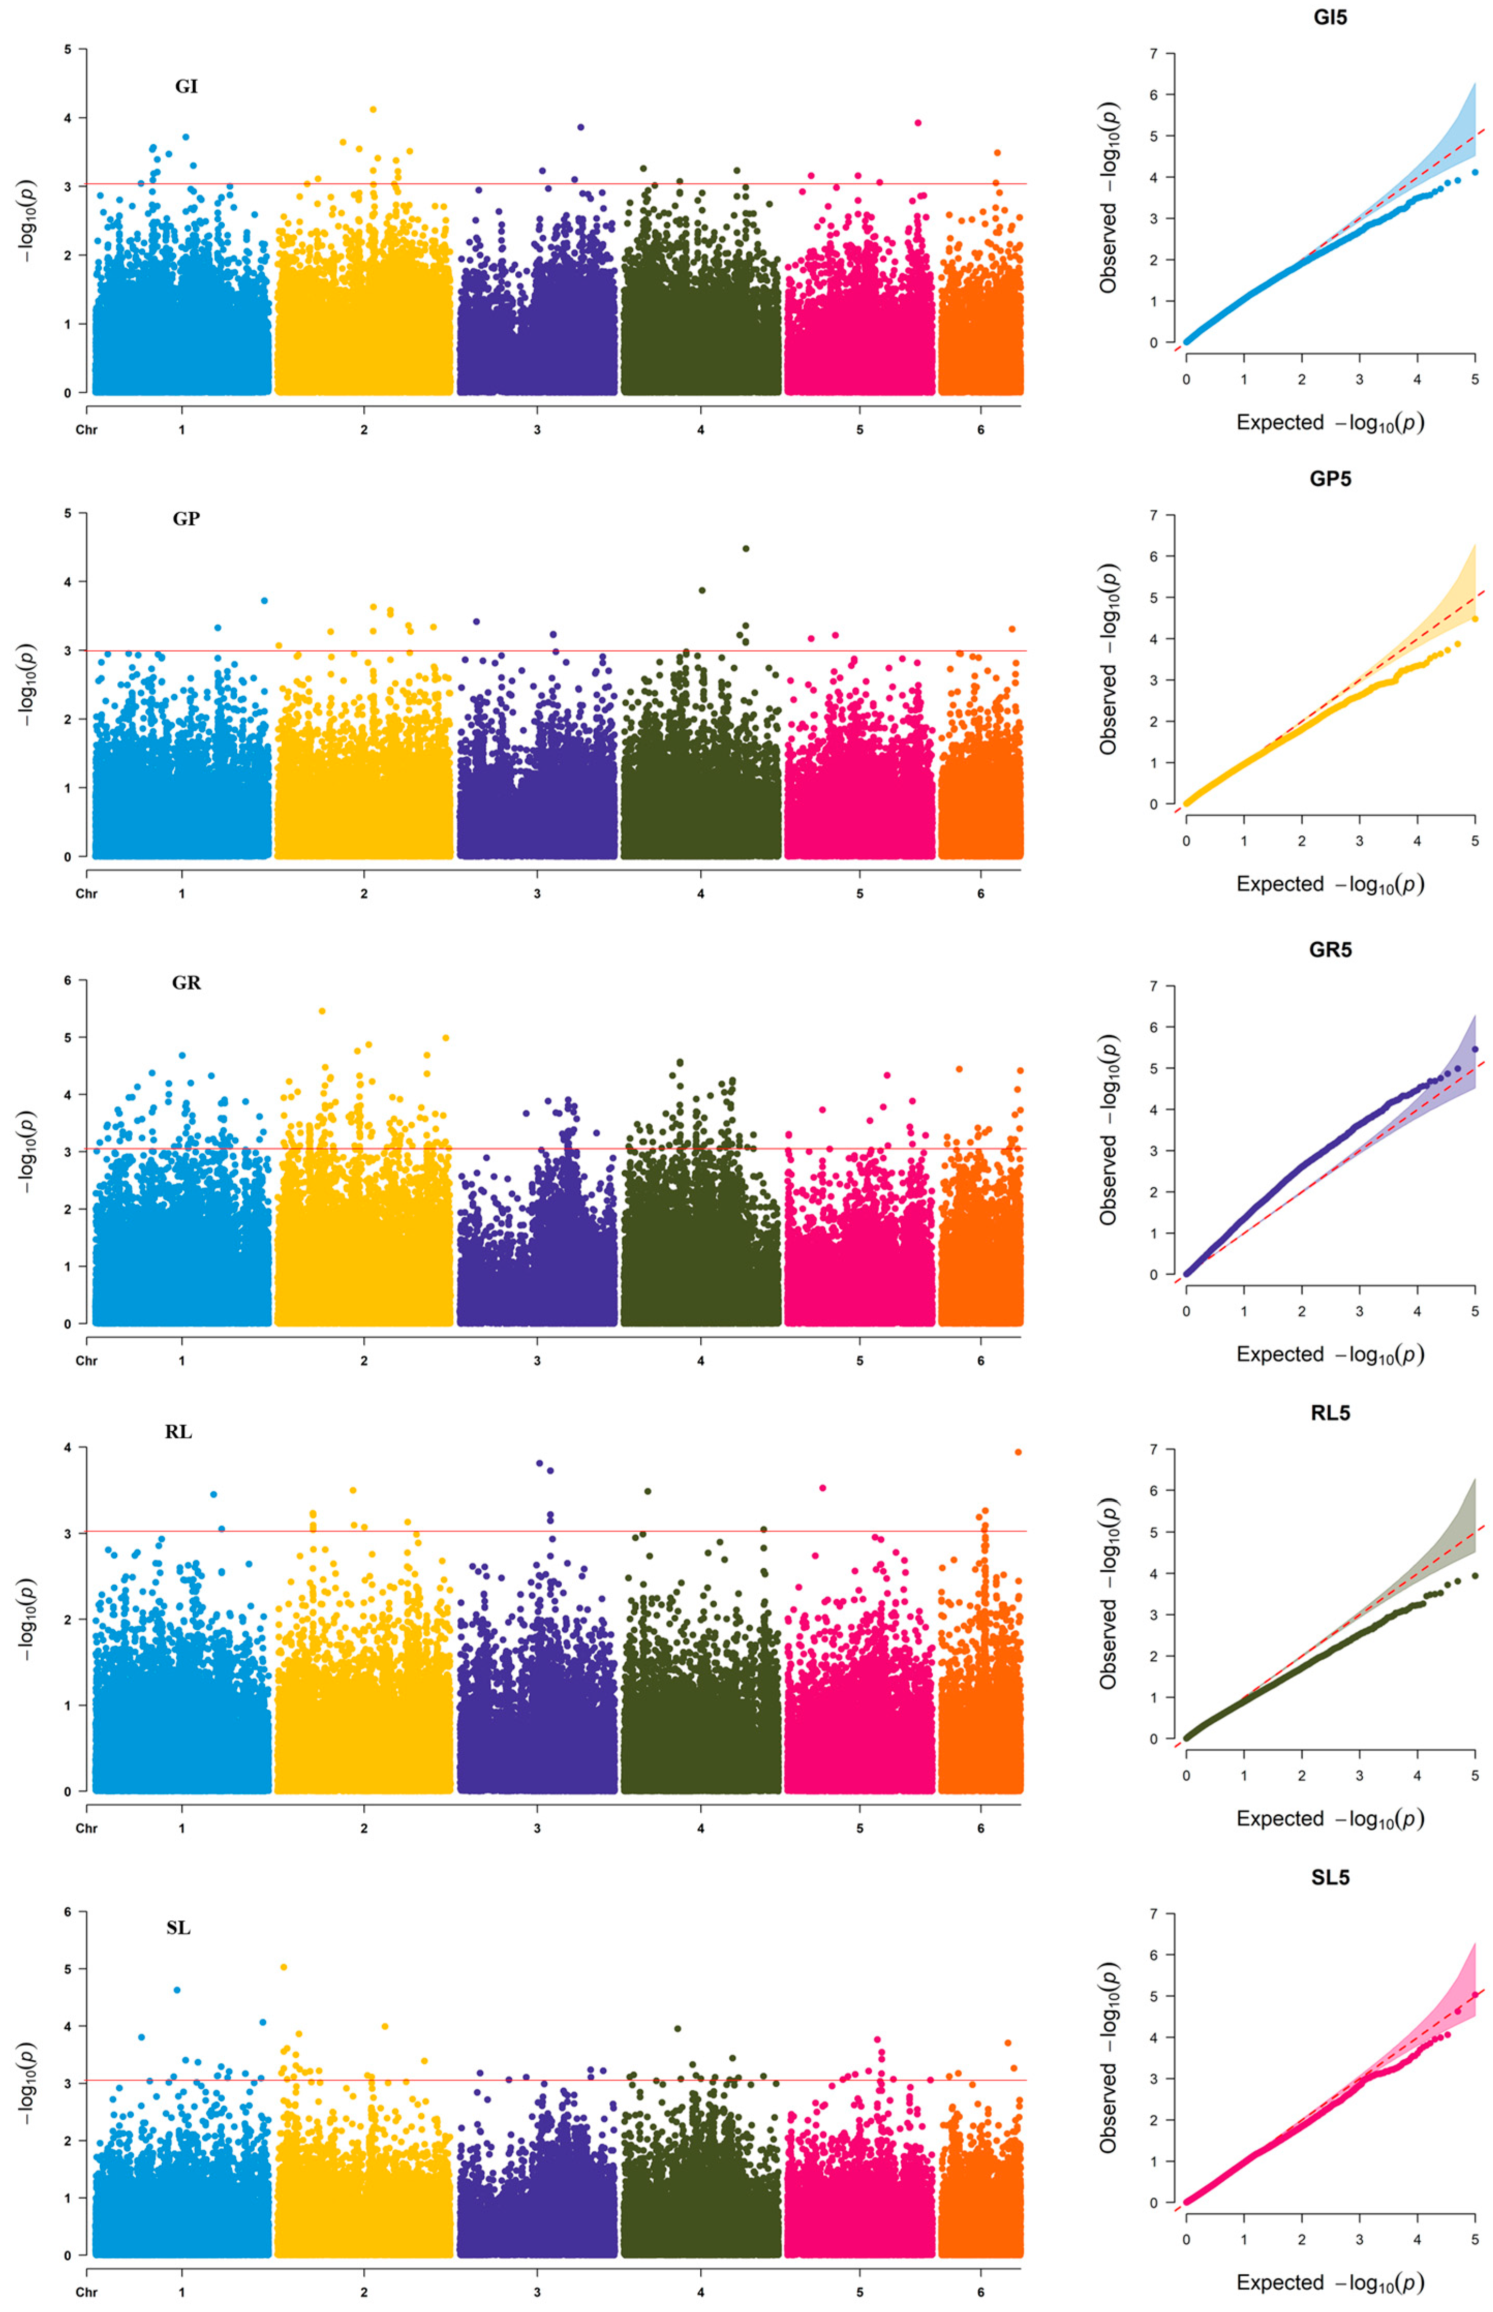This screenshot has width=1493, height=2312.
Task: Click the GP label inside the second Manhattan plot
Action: (x=186, y=518)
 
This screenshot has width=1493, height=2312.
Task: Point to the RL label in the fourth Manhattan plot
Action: (x=178, y=1432)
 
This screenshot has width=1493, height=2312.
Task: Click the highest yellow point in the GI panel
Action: (x=373, y=110)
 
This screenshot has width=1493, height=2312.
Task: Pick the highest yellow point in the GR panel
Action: (x=322, y=1011)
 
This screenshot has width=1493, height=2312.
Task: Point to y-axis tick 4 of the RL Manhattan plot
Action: (x=68, y=1447)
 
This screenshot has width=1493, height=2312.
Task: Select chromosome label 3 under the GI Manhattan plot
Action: (x=537, y=430)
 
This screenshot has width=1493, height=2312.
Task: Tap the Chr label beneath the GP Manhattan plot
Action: (x=86, y=893)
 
